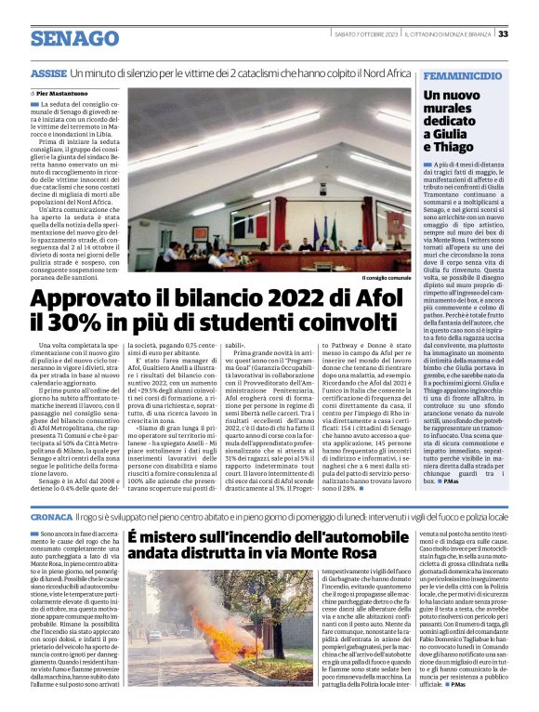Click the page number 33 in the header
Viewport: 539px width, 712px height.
point(503,34)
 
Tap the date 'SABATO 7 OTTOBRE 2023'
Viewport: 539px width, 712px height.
point(365,34)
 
